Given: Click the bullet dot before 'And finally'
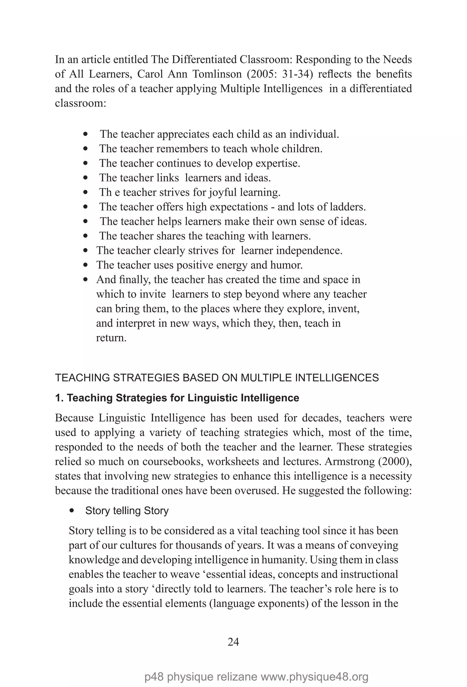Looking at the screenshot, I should coord(86,279).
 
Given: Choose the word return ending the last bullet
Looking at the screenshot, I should coord(111,338).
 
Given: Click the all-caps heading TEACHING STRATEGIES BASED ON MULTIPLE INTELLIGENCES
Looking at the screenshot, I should coord(217,377).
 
